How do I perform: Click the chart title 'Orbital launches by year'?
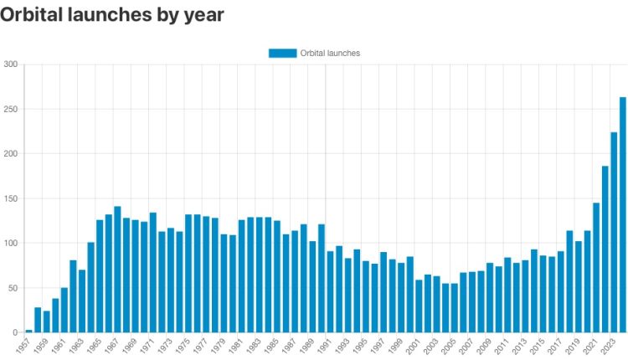click(112, 15)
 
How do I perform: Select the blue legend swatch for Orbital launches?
click(282, 53)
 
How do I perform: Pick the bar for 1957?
click(28, 331)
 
